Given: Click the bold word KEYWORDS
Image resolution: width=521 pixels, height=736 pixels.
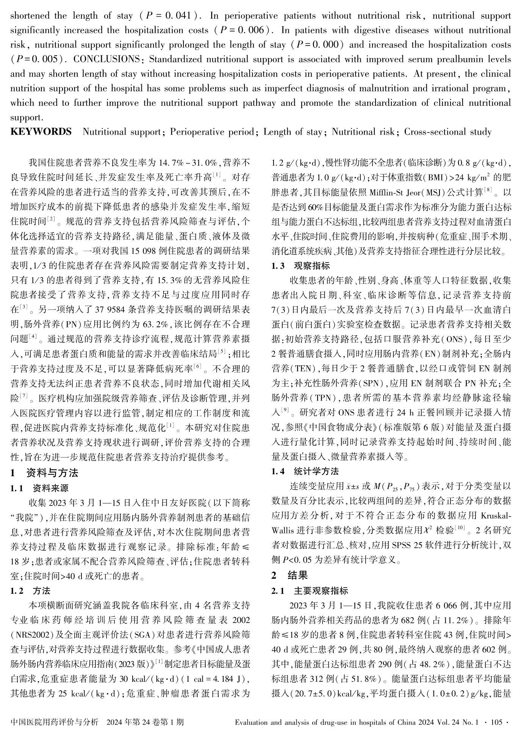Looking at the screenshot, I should point(41,132).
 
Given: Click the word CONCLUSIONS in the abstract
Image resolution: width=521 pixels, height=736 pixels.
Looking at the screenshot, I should point(106,59).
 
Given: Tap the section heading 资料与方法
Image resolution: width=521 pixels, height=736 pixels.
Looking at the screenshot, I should point(52,473).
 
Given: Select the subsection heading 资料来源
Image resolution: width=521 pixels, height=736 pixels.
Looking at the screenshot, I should point(51,488).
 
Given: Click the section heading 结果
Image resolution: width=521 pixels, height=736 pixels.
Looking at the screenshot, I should point(297,576).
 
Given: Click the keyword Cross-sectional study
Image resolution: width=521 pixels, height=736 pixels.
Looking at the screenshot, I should point(448,132).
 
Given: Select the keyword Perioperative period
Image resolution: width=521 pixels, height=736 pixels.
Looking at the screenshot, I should point(212,132).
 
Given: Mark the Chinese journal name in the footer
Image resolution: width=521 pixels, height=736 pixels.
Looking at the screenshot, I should point(55,722).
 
